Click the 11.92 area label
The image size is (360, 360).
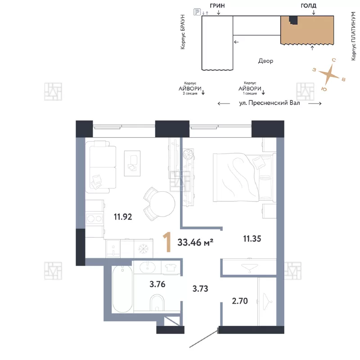click(123, 217)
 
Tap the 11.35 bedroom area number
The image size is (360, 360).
click(252, 239)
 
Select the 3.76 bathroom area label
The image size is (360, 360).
click(157, 284)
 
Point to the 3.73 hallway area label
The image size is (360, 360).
click(200, 288)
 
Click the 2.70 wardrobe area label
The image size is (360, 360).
click(240, 301)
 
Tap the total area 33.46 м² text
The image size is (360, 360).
click(195, 242)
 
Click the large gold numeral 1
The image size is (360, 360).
click(167, 242)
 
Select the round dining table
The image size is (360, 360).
click(162, 204)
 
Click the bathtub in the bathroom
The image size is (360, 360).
click(122, 289)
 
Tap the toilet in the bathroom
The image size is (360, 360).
click(157, 303)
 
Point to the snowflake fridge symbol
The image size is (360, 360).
click(143, 249)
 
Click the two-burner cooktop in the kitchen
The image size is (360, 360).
click(94, 219)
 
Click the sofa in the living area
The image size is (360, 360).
click(101, 167)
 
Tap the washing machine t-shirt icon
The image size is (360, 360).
click(171, 267)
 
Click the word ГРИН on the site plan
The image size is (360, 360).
click(217, 6)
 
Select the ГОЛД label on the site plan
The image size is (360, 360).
click(308, 6)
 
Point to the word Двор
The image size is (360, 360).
click(265, 61)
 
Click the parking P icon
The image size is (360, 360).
click(197, 12)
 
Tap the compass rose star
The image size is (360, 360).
click(329, 74)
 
